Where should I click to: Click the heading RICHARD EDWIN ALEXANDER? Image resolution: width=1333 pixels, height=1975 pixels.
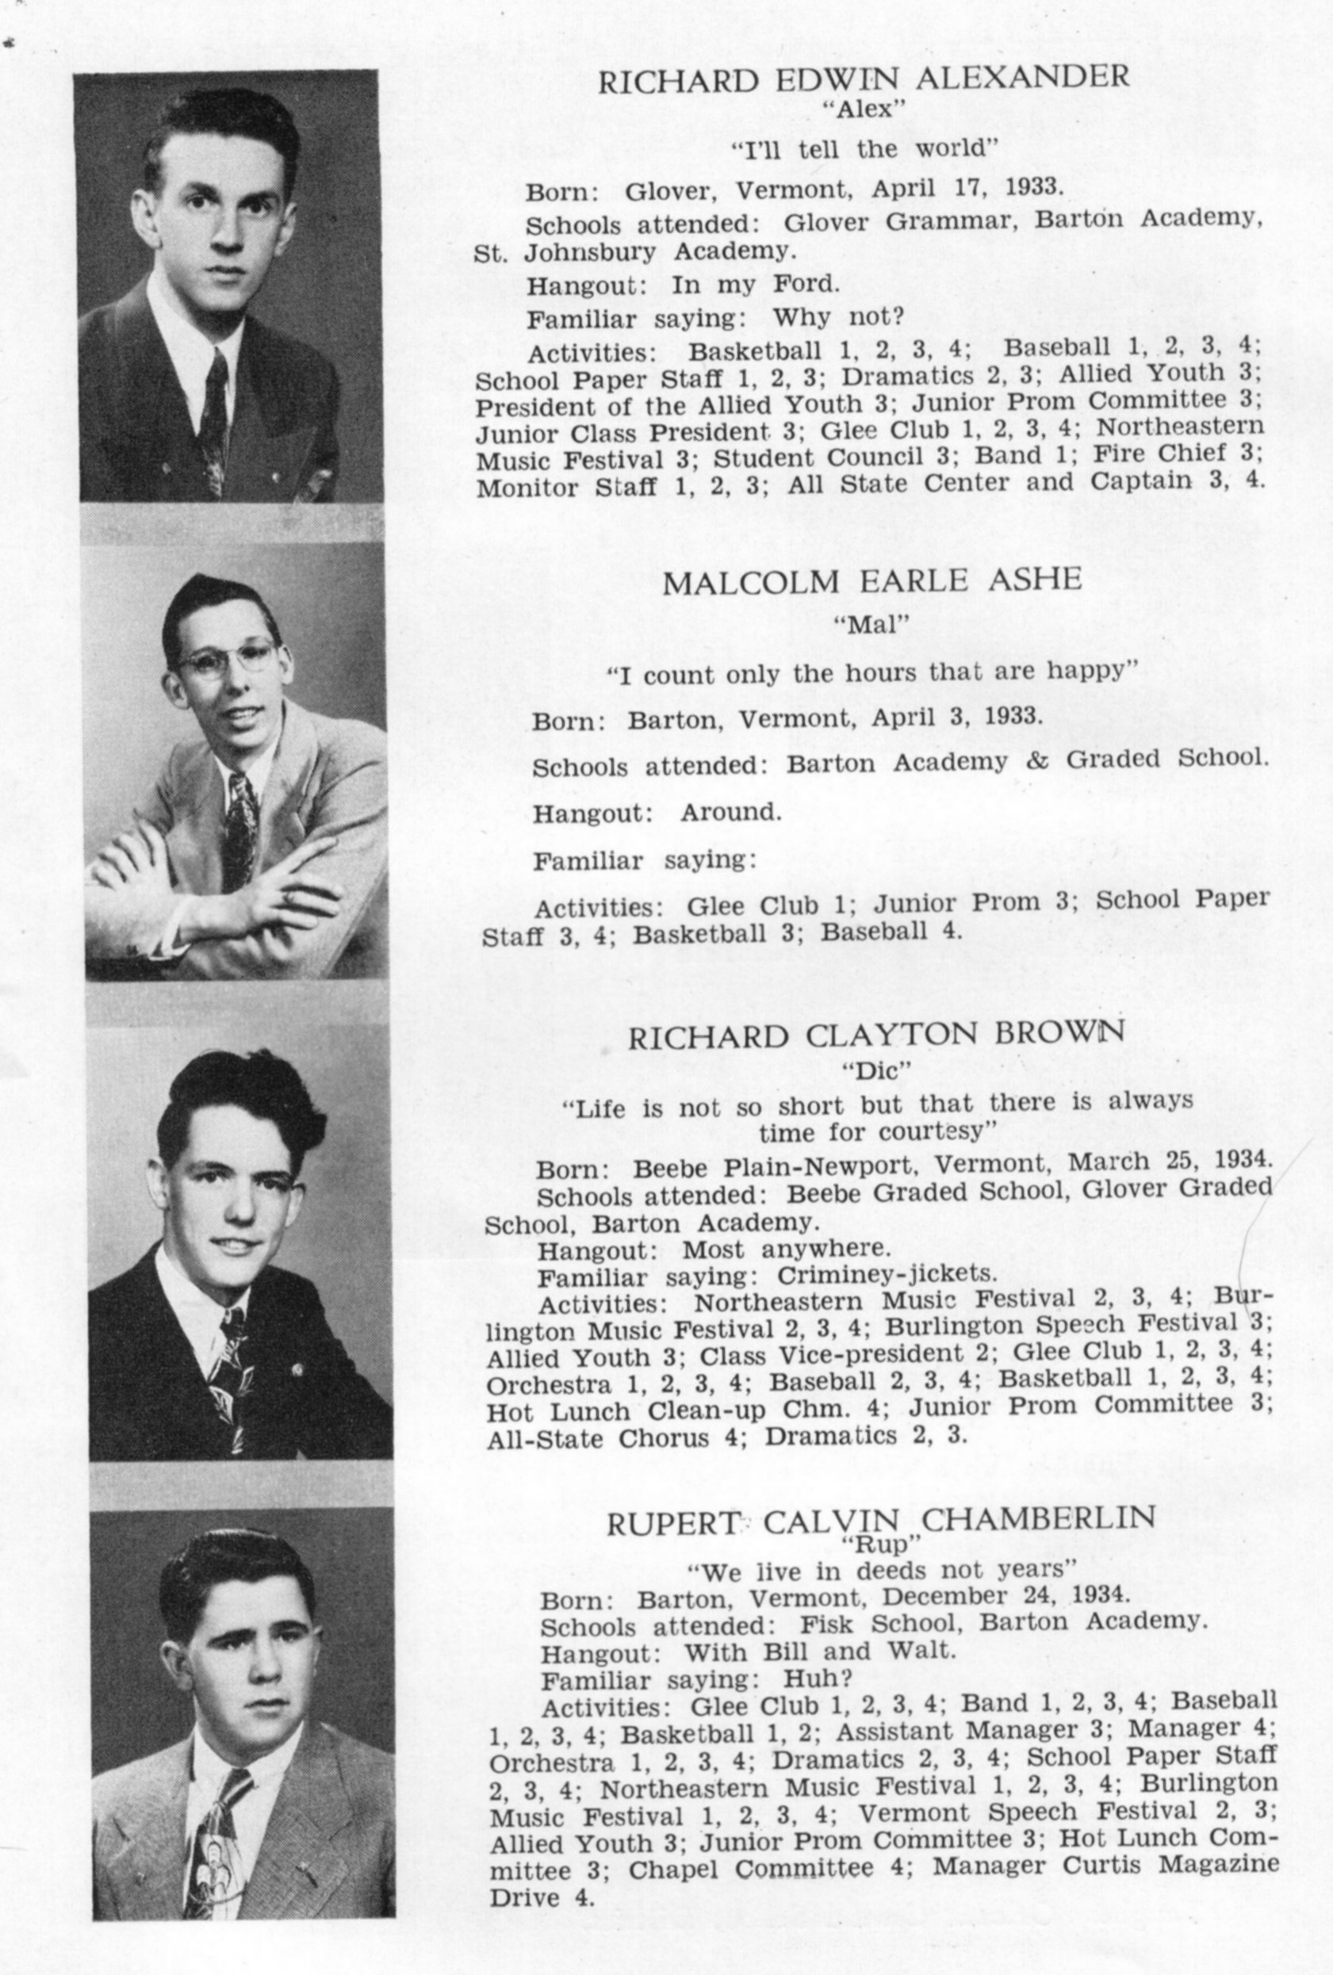click(864, 80)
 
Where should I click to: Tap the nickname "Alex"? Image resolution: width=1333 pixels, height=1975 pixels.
click(863, 109)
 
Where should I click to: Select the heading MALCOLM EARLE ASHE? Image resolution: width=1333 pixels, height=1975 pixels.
click(871, 581)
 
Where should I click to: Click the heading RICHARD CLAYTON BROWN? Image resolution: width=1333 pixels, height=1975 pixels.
click(876, 1036)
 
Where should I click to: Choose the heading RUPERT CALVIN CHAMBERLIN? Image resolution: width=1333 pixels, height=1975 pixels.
click(881, 1522)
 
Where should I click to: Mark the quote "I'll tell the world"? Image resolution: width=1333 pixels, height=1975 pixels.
click(864, 151)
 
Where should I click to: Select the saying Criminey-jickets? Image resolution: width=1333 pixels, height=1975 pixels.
click(887, 1275)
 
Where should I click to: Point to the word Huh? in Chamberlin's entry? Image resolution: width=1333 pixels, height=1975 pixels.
click(818, 1679)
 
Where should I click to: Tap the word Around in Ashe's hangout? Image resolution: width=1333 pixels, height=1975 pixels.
click(730, 813)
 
